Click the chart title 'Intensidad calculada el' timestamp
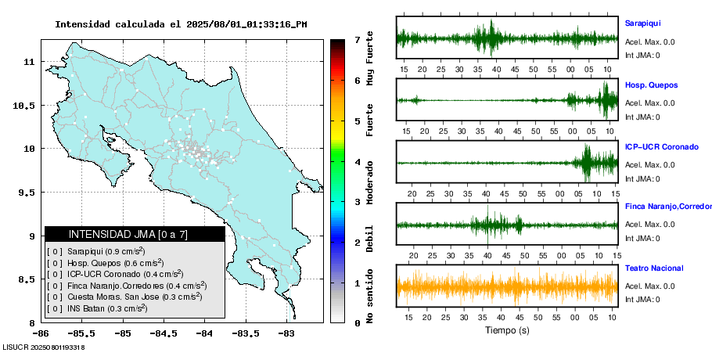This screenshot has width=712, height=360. pyautogui.click(x=181, y=24)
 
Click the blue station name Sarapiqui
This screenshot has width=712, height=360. pyautogui.click(x=642, y=24)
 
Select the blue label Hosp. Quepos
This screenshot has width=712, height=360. pyautogui.click(x=651, y=85)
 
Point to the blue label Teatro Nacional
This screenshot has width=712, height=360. pyautogui.click(x=654, y=268)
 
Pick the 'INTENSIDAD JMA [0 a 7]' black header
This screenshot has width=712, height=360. pyautogui.click(x=134, y=234)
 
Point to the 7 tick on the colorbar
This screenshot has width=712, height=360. pyautogui.click(x=357, y=39)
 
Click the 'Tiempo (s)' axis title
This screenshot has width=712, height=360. pyautogui.click(x=507, y=330)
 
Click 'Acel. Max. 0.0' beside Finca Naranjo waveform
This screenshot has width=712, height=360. pyautogui.click(x=649, y=225)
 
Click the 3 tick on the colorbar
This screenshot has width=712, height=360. pyautogui.click(x=357, y=201)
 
